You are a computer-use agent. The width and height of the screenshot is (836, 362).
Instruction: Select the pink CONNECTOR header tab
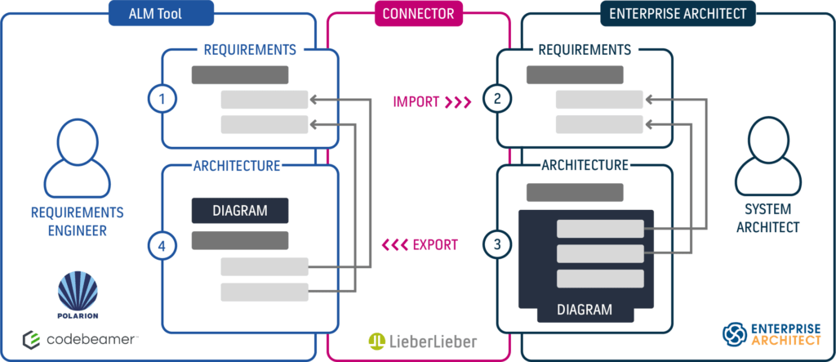[x=419, y=13]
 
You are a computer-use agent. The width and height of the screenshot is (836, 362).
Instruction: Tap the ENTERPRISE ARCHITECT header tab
[x=678, y=13]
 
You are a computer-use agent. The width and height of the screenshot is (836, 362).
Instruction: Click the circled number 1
[x=162, y=99]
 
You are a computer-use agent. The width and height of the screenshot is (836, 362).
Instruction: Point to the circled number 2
[x=497, y=99]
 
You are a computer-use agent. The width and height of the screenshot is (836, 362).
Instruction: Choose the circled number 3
[x=497, y=244]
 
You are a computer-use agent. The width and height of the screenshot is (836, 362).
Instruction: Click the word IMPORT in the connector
[x=416, y=101]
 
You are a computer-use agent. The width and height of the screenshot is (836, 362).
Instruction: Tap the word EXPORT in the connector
[x=435, y=245]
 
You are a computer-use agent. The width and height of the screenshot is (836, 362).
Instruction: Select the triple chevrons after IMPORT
[x=458, y=101]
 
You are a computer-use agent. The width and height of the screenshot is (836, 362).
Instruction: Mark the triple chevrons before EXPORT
[x=394, y=245]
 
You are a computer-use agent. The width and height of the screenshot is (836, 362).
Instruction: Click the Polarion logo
[x=78, y=295]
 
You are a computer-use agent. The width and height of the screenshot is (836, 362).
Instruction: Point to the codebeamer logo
[x=79, y=340]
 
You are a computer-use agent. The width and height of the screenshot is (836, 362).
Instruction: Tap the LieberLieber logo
[x=422, y=342]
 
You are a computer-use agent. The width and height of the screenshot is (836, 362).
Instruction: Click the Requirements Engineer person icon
[x=78, y=159]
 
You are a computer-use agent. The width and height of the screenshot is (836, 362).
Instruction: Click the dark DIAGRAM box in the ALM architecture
[x=240, y=210]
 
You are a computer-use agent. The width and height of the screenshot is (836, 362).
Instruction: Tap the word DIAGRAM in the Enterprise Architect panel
[x=584, y=309]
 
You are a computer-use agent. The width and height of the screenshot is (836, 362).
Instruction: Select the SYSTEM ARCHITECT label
[x=767, y=218]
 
